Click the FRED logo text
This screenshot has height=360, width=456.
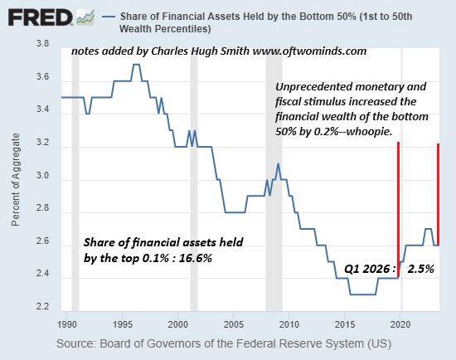[40, 17]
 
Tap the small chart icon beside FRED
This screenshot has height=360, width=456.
[85, 17]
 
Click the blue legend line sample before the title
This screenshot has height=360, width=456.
[109, 17]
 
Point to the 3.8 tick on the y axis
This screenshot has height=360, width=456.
[43, 44]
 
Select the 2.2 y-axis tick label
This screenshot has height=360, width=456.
[43, 307]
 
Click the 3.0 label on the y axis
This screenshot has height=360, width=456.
[43, 176]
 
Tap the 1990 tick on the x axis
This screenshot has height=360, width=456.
[67, 324]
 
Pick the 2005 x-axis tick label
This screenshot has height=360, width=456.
[234, 324]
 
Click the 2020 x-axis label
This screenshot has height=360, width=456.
[400, 324]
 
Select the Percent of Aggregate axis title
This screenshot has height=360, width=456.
[16, 179]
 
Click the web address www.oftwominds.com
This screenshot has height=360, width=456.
[309, 51]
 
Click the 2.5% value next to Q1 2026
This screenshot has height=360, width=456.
[420, 269]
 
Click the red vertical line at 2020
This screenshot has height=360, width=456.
[399, 210]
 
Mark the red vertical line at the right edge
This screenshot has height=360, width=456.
[439, 194]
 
